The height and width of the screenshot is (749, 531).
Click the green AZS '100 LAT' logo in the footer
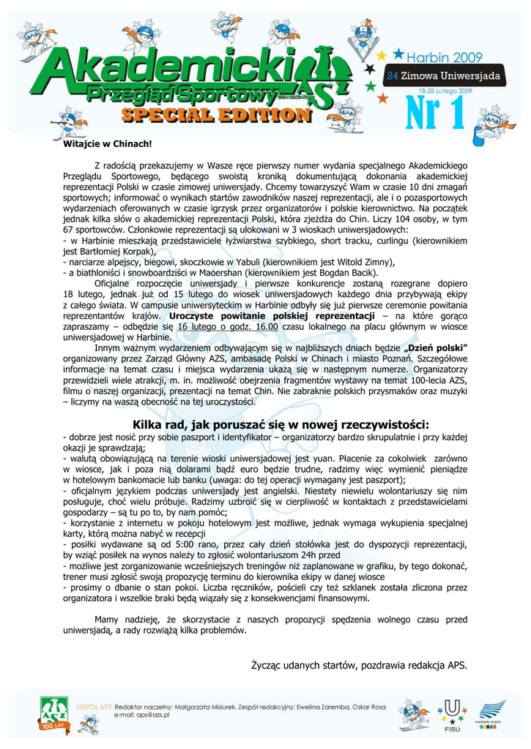click(53, 715)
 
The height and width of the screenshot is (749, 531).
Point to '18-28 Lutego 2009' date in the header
click(447, 89)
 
